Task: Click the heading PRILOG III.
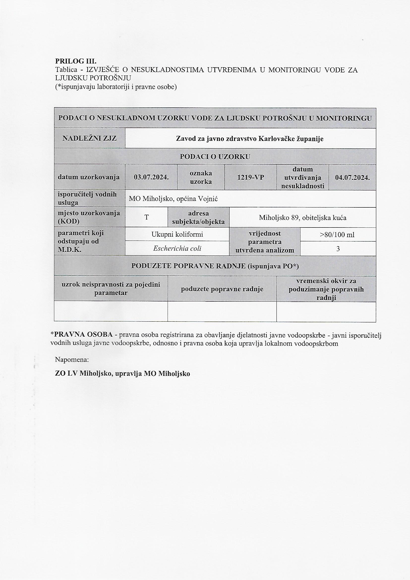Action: [76, 61]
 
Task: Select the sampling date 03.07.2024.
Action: [151, 177]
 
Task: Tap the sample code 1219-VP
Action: [250, 177]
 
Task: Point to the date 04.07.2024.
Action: [352, 177]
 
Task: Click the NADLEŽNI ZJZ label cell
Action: [90, 138]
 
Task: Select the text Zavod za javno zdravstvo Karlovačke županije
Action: [250, 139]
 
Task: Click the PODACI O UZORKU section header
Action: [215, 157]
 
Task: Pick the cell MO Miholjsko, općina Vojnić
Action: [173, 199]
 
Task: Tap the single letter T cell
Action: [146, 217]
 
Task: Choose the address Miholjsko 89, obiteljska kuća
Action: [302, 218]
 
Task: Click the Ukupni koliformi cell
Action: [177, 234]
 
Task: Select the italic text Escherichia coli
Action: [177, 249]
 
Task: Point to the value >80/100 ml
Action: [338, 235]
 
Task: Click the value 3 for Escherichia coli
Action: [338, 249]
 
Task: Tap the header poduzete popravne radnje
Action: [222, 289]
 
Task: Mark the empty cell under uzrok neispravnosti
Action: [111, 311]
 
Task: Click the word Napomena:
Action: [72, 359]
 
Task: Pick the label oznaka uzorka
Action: [201, 177]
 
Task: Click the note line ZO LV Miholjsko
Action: [122, 374]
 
